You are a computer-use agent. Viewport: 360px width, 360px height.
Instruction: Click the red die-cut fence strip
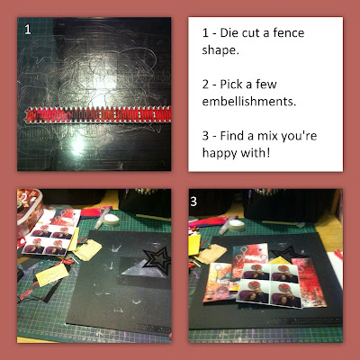(98, 115)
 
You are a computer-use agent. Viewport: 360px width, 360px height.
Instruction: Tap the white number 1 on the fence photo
(28, 30)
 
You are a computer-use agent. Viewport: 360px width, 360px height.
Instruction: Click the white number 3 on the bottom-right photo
(193, 202)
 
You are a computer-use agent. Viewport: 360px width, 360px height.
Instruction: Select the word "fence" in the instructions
(289, 32)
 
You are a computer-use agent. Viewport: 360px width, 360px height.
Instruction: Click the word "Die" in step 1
(229, 32)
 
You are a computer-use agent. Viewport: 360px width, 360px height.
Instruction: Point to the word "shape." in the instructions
(220, 50)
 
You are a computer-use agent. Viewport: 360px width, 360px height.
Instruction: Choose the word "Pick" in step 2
(231, 85)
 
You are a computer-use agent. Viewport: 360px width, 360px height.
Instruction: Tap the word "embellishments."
(249, 102)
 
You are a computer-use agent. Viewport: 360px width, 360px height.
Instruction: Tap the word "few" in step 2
(265, 85)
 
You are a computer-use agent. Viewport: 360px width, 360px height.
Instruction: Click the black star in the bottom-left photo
(157, 259)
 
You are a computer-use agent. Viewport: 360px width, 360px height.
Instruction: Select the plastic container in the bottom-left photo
(29, 210)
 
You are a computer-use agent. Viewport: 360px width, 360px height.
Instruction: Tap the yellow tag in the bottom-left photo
(52, 274)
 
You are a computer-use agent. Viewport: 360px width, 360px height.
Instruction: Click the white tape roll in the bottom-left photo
(112, 220)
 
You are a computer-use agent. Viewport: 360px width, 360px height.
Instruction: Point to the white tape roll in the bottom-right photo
(237, 225)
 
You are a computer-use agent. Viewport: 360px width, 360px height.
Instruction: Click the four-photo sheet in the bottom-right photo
(269, 283)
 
